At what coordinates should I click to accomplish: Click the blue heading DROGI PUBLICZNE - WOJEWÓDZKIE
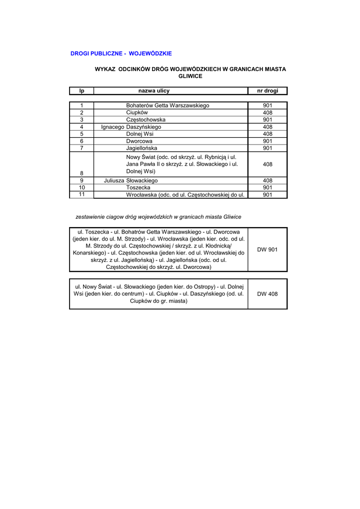[121, 53]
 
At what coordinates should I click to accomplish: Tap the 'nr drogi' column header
[268, 91]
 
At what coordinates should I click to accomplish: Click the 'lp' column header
[82, 91]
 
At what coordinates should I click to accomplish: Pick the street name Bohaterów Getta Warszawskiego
[168, 105]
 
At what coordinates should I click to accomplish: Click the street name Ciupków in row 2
[137, 113]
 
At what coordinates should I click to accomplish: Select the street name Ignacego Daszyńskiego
[131, 127]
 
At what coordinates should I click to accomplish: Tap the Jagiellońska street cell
[142, 148]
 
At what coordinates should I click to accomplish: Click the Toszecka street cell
[138, 187]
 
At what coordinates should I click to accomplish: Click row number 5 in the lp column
[82, 134]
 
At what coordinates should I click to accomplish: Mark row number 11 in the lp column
[82, 194]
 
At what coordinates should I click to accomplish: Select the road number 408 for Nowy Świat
[268, 164]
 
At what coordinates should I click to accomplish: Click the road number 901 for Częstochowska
[268, 120]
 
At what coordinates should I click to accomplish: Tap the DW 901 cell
[268, 250]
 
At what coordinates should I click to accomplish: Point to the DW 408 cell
[268, 294]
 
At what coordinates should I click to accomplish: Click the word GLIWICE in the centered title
[190, 76]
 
